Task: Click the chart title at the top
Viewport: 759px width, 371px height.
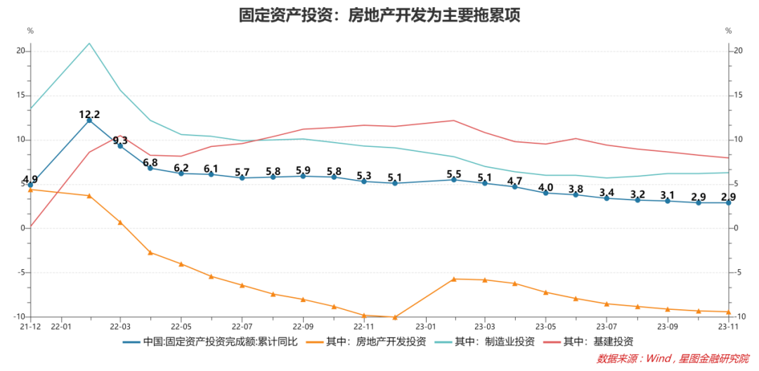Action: pyautogui.click(x=379, y=15)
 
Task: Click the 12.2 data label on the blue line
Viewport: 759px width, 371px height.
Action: pyautogui.click(x=89, y=114)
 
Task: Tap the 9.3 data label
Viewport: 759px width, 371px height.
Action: pyautogui.click(x=119, y=141)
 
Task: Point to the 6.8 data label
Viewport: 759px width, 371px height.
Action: pyautogui.click(x=150, y=163)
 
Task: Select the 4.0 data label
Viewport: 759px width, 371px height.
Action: pyautogui.click(x=545, y=187)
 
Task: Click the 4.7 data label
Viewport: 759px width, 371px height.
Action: pyautogui.click(x=515, y=181)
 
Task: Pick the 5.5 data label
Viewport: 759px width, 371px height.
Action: pyautogui.click(x=454, y=174)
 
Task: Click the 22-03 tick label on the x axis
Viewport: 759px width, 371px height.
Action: pyautogui.click(x=120, y=327)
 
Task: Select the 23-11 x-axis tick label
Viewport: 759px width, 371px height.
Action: pyautogui.click(x=727, y=327)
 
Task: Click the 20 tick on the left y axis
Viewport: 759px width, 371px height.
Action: pyautogui.click(x=21, y=51)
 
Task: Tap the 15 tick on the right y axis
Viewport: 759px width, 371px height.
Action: pyautogui.click(x=737, y=96)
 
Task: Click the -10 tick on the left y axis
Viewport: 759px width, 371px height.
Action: pyautogui.click(x=20, y=317)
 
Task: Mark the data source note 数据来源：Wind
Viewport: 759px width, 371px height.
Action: pyautogui.click(x=673, y=359)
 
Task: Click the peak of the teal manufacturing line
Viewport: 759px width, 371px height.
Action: pyautogui.click(x=89, y=44)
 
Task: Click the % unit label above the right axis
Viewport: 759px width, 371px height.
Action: pyautogui.click(x=729, y=31)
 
